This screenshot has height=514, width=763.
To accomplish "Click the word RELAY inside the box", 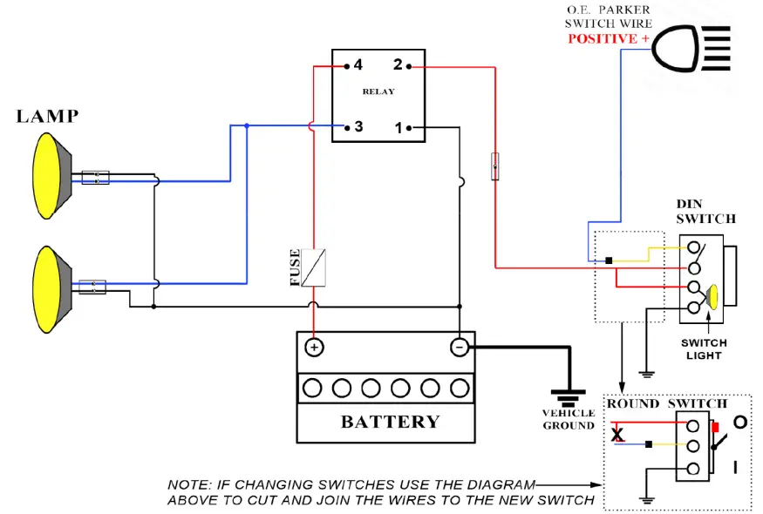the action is point(378,91).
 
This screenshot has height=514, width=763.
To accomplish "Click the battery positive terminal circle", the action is point(314,348).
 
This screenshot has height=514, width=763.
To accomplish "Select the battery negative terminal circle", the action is point(459,348).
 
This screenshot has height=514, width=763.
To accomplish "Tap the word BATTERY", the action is point(391,422).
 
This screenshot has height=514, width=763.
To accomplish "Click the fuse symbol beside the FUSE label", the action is point(313,267).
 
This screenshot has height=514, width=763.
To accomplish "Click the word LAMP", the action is point(47,116).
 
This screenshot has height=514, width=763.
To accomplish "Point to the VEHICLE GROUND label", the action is point(569,419).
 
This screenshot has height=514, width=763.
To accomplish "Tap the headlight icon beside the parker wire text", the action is point(691,48).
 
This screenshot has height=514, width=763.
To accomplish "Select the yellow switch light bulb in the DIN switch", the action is point(712,296).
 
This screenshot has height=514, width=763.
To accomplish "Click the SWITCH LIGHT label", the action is point(704,349).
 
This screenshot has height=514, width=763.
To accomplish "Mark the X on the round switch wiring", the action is point(617,434).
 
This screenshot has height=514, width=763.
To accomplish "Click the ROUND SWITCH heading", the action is point(667,403).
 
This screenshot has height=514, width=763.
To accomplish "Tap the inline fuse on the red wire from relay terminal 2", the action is point(495,166).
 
